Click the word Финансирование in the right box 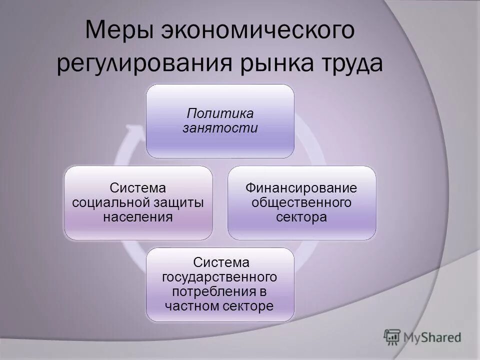[301, 188]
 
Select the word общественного [301, 202]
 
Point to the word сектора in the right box [301, 217]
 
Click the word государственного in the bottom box [219, 276]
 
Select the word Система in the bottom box [219, 262]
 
